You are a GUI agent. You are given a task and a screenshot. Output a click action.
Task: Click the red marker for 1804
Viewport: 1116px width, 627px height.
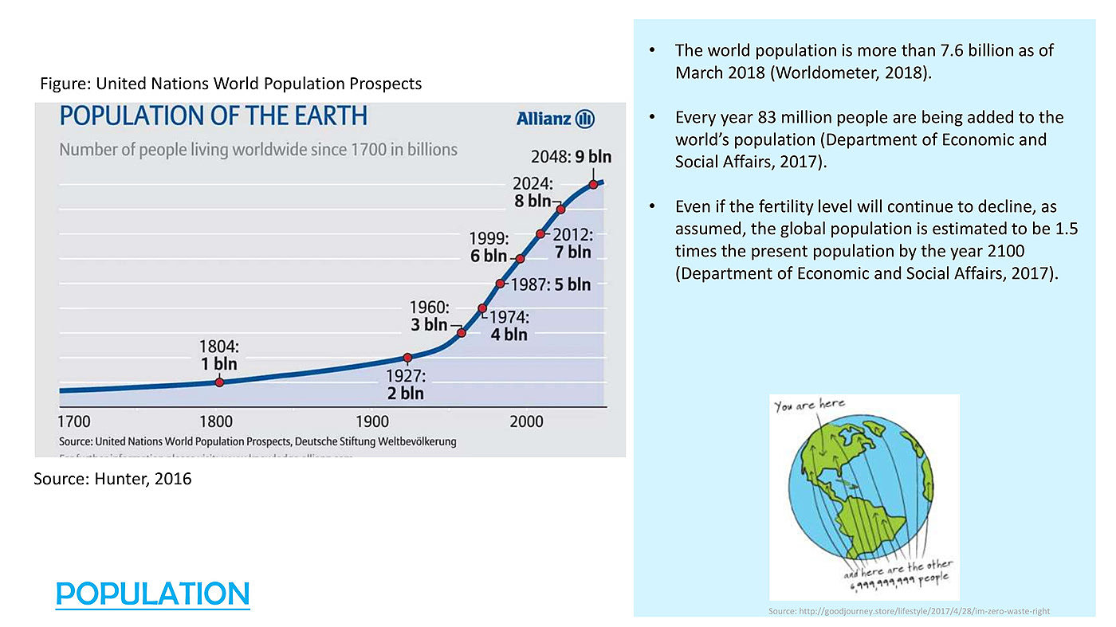[x=219, y=382]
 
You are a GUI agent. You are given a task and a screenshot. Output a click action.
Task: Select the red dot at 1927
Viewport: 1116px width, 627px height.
[x=407, y=357]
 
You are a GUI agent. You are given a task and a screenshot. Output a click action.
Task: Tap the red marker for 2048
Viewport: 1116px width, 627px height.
[x=593, y=184]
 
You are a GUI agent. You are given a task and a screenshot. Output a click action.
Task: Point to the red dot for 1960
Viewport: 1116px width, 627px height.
[x=461, y=332]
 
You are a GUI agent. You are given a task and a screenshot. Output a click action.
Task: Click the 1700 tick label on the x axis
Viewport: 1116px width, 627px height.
[x=74, y=421]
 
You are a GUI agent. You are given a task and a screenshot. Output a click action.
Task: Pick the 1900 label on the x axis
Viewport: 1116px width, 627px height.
[x=372, y=421]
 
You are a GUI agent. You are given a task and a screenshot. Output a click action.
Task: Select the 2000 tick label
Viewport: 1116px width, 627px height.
[x=526, y=421]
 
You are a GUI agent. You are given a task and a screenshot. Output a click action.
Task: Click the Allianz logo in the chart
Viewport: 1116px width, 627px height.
[x=556, y=119]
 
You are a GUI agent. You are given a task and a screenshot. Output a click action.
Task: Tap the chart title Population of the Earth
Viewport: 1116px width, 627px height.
[x=214, y=116]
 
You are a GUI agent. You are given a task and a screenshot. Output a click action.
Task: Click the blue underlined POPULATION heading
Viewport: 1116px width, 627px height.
[x=152, y=594]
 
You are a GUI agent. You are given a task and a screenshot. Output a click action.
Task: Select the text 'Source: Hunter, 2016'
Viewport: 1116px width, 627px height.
[x=112, y=479]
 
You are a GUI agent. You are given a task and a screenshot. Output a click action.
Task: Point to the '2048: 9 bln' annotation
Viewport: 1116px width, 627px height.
[x=572, y=157]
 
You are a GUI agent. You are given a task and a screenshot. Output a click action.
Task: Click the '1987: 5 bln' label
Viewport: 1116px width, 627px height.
[x=551, y=284]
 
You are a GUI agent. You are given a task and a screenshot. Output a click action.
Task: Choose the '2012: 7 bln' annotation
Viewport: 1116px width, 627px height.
[x=572, y=243]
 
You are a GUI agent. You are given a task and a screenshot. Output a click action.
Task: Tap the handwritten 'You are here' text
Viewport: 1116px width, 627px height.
[x=809, y=405]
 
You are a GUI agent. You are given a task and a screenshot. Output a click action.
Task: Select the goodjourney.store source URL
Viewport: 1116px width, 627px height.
[x=909, y=611]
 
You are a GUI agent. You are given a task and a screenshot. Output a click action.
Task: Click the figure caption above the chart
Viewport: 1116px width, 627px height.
[x=230, y=84]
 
